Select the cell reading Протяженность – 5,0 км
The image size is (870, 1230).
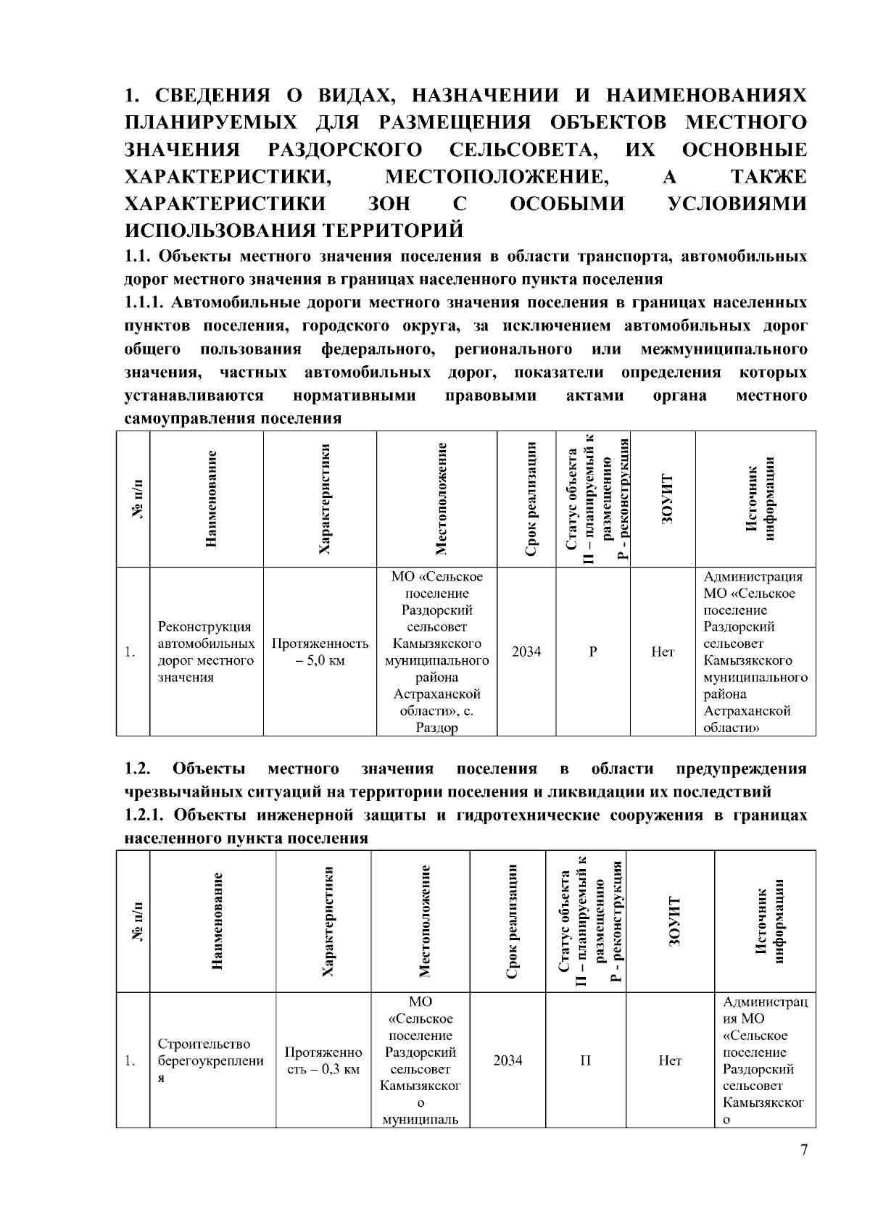pos(320,652)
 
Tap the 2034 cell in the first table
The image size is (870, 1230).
pos(526,652)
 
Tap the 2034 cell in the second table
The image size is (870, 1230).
pos(507,1060)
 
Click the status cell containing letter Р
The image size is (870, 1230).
pos(593,652)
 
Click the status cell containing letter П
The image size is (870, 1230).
pos(585,1060)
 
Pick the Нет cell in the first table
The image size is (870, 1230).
pos(663,652)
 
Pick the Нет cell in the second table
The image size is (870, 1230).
pos(670,1060)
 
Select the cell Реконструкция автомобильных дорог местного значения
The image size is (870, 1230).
pos(206,652)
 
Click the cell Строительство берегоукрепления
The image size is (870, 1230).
pos(211,1060)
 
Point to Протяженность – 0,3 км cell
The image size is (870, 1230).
pos(323,1060)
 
